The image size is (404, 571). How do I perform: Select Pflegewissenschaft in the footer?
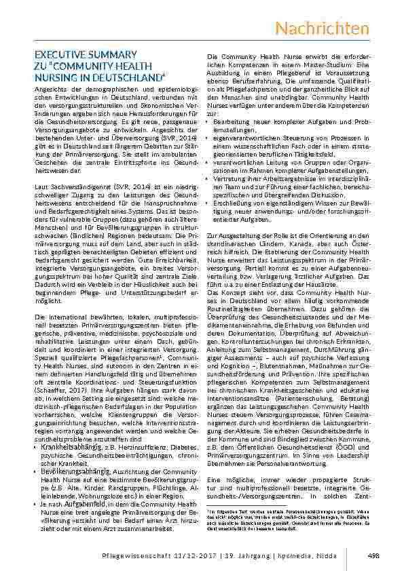click(x=120, y=555)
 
